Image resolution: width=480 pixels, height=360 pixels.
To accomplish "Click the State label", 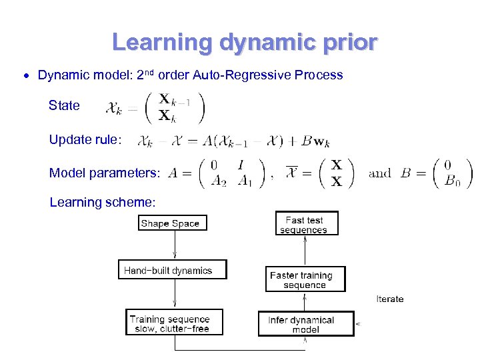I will pos(64,105).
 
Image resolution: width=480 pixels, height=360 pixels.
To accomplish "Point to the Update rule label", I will pos(85,140).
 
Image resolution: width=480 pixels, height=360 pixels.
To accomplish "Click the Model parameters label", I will pos(105,173).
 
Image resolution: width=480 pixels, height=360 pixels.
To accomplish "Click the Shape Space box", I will pos(170,223).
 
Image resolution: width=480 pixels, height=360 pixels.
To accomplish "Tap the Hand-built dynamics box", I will pos(172,270).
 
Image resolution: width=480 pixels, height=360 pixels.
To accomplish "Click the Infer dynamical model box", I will pos(305,324).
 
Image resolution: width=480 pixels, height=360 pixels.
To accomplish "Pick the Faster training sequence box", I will pos(305,279).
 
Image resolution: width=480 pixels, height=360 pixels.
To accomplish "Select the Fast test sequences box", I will pos(307,223).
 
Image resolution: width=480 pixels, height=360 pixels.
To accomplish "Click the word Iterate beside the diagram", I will pos(390,299).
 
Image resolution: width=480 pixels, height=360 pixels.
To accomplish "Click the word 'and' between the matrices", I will pos(380,173).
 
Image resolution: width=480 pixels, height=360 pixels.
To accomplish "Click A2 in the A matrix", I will pos(217,180).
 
